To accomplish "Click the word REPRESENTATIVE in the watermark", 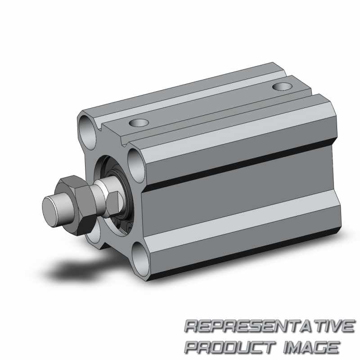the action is coord(269,326).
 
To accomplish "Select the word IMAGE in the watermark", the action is coord(311,347).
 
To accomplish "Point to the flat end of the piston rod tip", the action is coord(49,212).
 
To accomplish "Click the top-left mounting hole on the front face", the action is coord(87,132).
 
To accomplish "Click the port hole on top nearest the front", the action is coord(139,123).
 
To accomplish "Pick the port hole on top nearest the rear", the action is coord(282,86).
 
